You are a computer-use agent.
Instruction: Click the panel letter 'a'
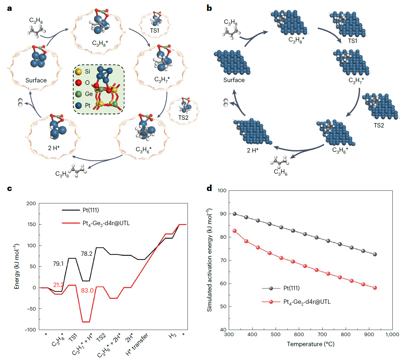pos(9,8)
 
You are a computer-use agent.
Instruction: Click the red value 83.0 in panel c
pos(87,291)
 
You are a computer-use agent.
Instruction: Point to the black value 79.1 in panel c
pos(58,264)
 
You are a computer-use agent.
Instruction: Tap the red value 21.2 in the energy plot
pos(58,285)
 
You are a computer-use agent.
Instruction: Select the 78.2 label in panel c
pos(87,254)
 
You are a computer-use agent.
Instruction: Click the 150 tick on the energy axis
pos(31,224)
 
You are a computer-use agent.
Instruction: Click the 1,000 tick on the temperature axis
pos(392,334)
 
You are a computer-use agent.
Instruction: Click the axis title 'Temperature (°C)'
pos(311,344)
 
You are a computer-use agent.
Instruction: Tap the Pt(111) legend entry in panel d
pos(291,288)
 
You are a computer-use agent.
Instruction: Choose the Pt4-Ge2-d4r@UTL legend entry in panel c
pos(106,223)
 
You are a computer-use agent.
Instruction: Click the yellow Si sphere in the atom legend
pos(78,72)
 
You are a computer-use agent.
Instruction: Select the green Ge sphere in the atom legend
pos(78,94)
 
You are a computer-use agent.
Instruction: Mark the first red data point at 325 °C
pos(235,231)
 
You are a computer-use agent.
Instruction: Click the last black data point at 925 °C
pos(375,254)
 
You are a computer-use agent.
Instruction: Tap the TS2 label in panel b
pos(379,125)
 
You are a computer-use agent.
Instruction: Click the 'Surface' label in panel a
pos(36,80)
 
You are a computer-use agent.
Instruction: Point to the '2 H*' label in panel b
pos(253,150)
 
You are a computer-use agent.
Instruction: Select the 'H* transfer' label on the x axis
pos(137,344)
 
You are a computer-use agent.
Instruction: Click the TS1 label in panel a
pos(154,31)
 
